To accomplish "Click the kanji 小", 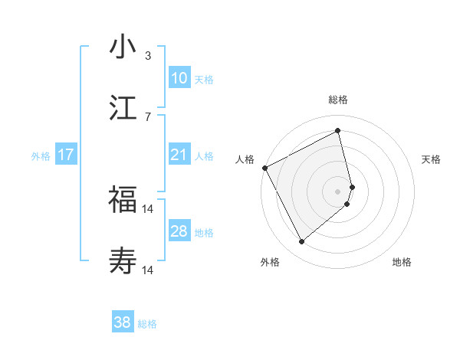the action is tap(123, 47).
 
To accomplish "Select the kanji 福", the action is tap(123, 201).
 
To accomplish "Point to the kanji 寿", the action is tap(123, 260).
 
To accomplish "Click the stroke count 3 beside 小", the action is tap(148, 55).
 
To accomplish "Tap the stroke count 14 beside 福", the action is tap(148, 208).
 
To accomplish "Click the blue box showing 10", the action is tap(179, 78).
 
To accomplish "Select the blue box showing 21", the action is tap(179, 155).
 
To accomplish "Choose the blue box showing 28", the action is tap(179, 231).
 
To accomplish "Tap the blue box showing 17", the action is tap(65, 155).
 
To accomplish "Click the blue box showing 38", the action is tap(122, 323).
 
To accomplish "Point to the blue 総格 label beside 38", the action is tap(147, 324).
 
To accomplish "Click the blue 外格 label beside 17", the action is tap(41, 155).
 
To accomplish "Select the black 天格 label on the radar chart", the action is tap(432, 159).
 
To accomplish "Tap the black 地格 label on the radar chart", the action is tap(402, 262).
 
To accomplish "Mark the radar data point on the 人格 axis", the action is tap(264, 168).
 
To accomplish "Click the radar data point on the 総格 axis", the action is tap(337, 131).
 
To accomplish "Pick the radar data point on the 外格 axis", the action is tap(301, 242).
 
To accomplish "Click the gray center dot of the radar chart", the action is tap(337, 191).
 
